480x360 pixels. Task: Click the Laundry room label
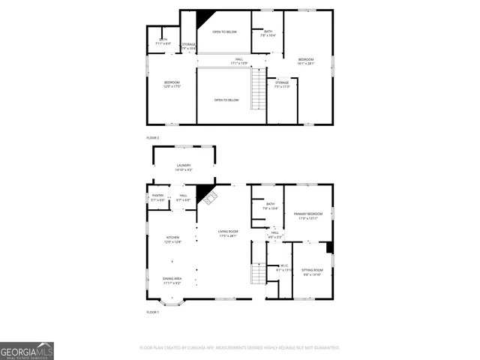pos(184,167)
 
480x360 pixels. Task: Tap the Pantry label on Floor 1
pos(157,197)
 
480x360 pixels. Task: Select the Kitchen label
pos(172,239)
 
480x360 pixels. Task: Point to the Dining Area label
pos(172,280)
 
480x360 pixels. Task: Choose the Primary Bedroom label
pos(308,216)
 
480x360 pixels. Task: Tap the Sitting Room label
pos(312,271)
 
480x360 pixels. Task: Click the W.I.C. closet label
pos(284,267)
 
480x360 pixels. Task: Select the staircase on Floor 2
pos(258,88)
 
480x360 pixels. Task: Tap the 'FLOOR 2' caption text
pos(153,139)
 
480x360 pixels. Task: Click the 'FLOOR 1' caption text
pos(153,311)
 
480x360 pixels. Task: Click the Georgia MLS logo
pos(27,351)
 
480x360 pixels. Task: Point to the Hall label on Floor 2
pos(239,61)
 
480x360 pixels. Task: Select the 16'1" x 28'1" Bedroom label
pos(306,61)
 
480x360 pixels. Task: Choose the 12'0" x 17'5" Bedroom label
pos(172,85)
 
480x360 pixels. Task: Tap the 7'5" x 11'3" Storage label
pos(282,84)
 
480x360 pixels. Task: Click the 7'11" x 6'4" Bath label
pos(163,41)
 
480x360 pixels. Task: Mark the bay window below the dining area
pos(172,302)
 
